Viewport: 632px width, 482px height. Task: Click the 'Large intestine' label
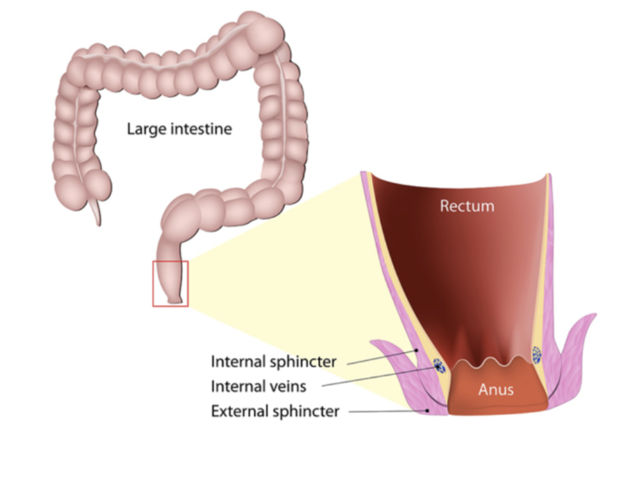pos(179,129)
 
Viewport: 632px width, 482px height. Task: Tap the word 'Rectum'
pos(467,206)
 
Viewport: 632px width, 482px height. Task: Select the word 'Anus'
pos(496,390)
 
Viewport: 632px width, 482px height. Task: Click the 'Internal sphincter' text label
pos(274,361)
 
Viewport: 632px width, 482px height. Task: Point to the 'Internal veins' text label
pos(258,386)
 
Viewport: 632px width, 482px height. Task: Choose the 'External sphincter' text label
pos(275,411)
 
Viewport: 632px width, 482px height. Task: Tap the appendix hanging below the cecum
pos(96,213)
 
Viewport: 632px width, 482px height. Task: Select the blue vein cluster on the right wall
pos(537,355)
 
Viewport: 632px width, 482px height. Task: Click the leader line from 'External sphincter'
pos(385,411)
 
